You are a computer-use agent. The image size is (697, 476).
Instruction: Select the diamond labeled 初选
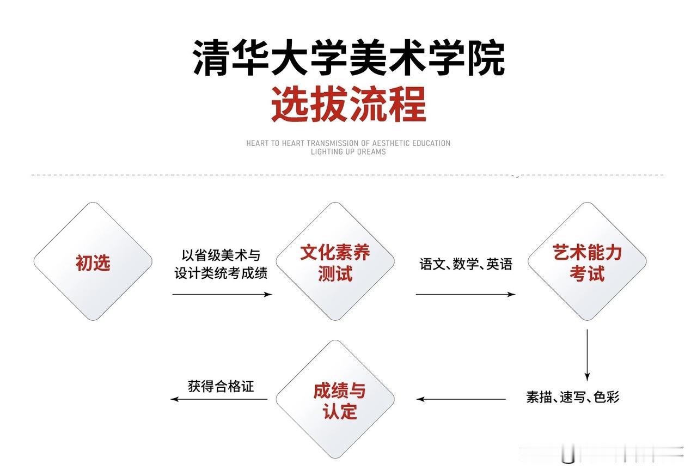point(93,262)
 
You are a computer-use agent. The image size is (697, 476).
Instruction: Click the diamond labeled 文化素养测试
point(335,262)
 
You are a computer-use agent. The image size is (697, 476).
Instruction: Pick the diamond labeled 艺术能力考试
point(587,262)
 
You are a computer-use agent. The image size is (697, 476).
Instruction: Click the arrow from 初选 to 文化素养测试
point(222,294)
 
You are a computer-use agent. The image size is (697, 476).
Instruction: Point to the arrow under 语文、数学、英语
point(466,294)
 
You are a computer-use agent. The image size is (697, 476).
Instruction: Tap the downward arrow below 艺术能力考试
point(587,354)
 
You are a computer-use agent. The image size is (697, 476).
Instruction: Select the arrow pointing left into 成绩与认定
point(461,399)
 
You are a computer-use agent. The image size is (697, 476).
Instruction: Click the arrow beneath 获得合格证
point(219,399)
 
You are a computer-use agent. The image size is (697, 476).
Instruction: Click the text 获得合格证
point(221,387)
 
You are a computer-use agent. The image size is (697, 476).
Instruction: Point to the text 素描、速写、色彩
point(573,397)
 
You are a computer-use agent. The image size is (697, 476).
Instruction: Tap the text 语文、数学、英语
point(466,265)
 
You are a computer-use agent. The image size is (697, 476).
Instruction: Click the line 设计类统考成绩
point(221,273)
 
